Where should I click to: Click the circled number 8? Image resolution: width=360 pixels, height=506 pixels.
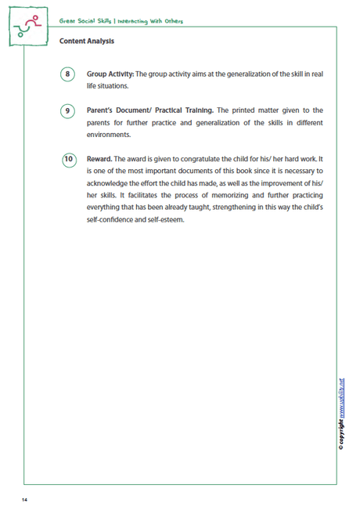[68, 74]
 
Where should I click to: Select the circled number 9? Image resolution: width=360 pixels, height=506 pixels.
[68, 111]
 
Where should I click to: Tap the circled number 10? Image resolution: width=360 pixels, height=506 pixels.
[68, 159]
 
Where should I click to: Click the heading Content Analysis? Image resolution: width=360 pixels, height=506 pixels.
[86, 41]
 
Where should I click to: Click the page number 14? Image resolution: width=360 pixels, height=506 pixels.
[26, 498]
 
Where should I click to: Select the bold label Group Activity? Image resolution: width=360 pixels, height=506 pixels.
[110, 74]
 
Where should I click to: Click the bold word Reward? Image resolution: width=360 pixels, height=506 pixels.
[99, 158]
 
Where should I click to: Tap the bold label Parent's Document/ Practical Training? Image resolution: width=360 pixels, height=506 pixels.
[149, 110]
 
